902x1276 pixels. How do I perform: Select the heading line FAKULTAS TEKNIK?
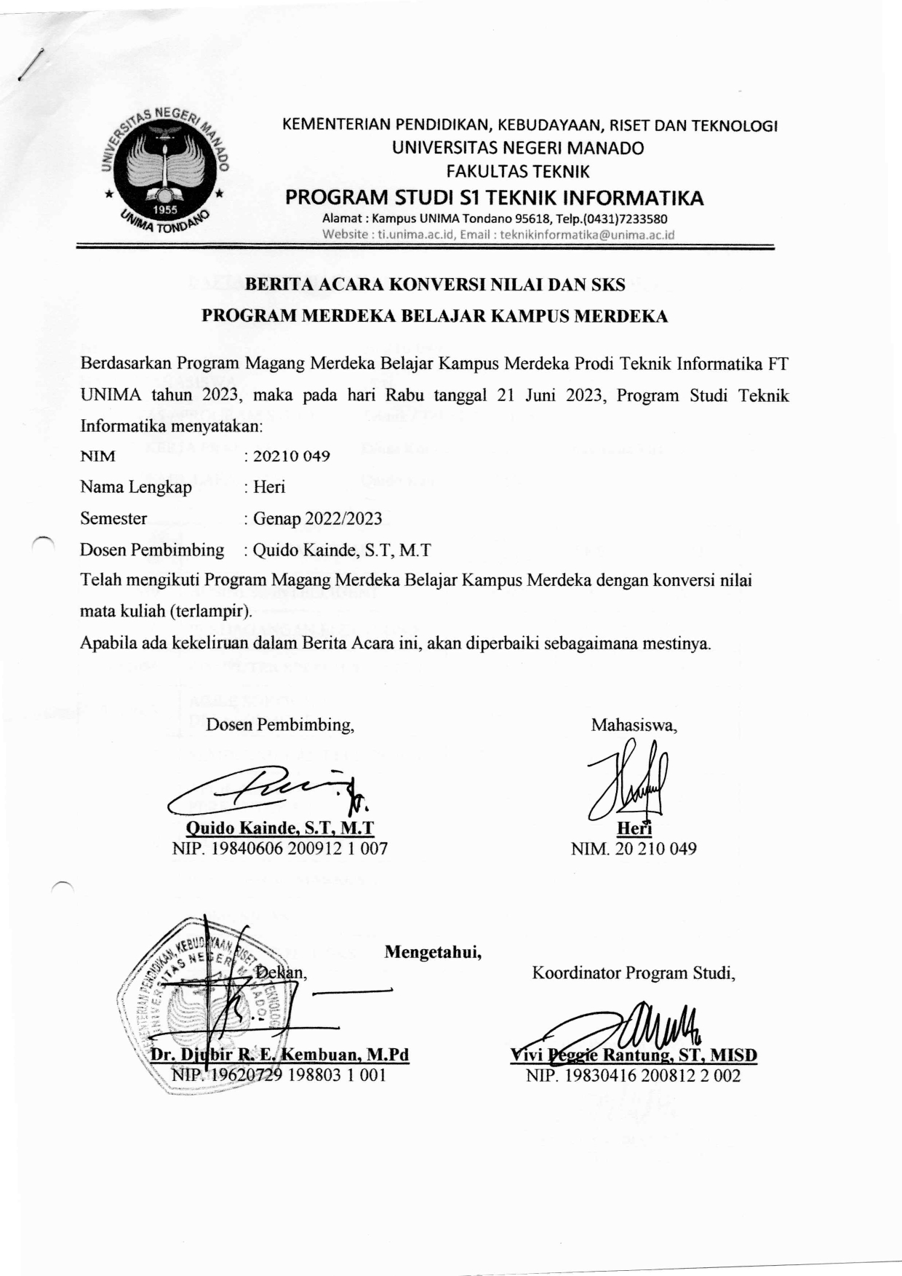517,172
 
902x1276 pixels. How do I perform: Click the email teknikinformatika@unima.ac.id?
588,234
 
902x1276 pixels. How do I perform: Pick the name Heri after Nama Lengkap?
269,487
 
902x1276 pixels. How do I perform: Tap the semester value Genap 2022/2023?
317,518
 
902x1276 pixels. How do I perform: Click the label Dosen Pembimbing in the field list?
152,550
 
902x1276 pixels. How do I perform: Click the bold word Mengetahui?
433,951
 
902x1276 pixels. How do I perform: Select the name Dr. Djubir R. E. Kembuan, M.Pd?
279,1055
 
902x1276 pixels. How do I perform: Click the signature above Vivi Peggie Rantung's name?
626,1026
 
